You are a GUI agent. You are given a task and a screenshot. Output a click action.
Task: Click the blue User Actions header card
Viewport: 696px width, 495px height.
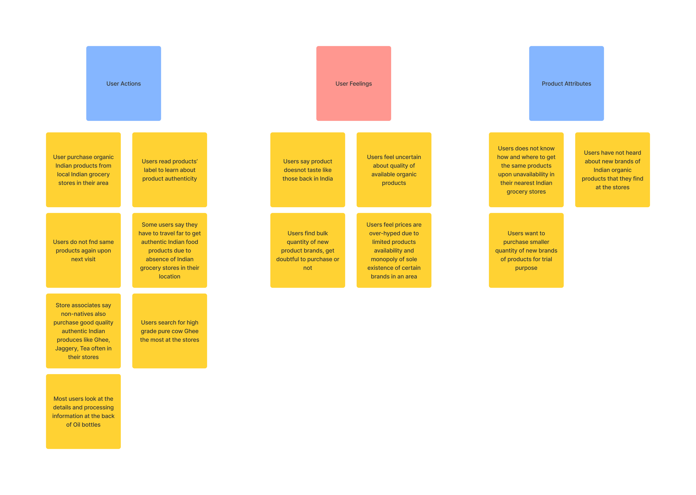click(123, 83)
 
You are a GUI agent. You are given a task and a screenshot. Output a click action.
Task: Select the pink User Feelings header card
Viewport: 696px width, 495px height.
click(353, 83)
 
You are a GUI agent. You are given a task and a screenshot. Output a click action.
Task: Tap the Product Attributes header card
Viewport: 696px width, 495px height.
click(566, 83)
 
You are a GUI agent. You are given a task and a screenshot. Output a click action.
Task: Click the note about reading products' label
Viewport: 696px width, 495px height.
click(169, 170)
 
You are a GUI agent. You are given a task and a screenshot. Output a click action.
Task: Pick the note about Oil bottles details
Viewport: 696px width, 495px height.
click(83, 411)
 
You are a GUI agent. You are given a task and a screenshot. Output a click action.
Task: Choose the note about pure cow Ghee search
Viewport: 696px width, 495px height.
click(169, 331)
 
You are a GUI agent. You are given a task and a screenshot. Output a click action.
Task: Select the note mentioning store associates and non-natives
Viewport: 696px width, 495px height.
click(83, 331)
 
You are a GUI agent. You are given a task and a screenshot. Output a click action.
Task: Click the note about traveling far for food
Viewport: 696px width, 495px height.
click(169, 250)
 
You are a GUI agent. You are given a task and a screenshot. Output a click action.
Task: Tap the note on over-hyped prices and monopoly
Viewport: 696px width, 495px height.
click(394, 250)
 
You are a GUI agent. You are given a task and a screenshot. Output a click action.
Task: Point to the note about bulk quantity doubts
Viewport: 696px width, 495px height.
click(307, 250)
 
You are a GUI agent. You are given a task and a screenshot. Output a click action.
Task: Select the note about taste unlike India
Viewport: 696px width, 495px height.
click(307, 170)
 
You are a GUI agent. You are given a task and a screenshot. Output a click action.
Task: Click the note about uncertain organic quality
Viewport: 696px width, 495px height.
click(394, 170)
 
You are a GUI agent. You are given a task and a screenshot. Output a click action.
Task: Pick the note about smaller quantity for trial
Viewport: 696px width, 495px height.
click(526, 250)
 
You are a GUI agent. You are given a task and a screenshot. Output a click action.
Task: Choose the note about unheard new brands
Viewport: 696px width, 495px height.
click(612, 170)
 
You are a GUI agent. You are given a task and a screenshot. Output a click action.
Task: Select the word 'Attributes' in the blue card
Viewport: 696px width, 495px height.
click(577, 84)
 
